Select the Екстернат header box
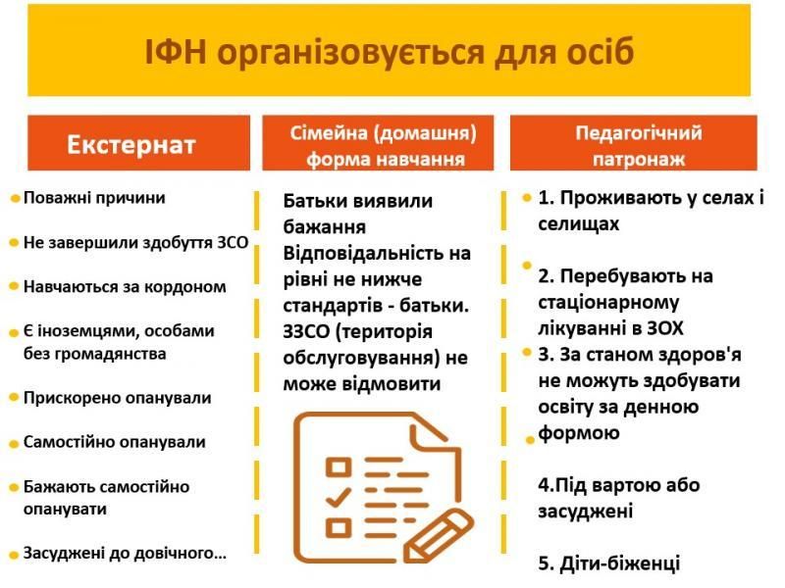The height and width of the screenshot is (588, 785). point(131,145)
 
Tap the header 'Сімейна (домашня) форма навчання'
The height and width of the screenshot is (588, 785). point(384,145)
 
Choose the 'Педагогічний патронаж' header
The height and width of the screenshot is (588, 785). point(638,145)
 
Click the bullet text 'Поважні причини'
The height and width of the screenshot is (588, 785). point(94,197)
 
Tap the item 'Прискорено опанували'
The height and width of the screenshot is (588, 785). point(117,398)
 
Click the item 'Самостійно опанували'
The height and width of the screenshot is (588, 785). point(114,442)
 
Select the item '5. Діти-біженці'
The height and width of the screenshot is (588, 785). point(608,563)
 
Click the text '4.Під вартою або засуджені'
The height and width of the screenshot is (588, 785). point(618,498)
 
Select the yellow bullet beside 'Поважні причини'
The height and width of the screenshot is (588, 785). point(15,198)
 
